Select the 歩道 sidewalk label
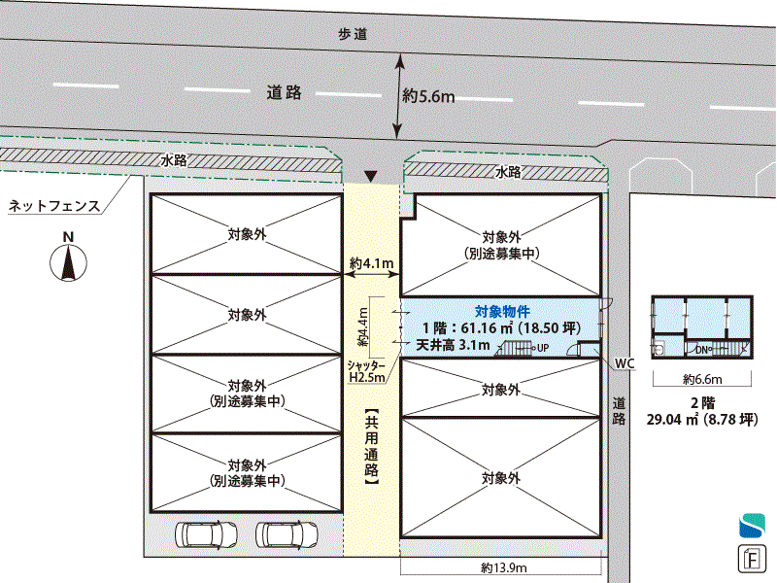click(x=353, y=34)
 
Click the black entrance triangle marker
click(x=369, y=176)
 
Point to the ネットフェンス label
click(x=54, y=206)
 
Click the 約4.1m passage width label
click(x=371, y=262)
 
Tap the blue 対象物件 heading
click(x=502, y=311)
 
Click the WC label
click(x=625, y=363)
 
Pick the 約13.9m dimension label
click(x=503, y=568)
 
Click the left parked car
click(x=206, y=533)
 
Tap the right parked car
click(x=286, y=533)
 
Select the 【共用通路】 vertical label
click(x=371, y=446)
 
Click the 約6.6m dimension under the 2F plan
click(x=702, y=380)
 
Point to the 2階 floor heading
click(x=701, y=401)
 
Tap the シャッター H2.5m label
click(x=367, y=369)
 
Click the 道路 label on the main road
click(x=284, y=93)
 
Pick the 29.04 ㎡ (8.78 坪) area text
click(x=702, y=420)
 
